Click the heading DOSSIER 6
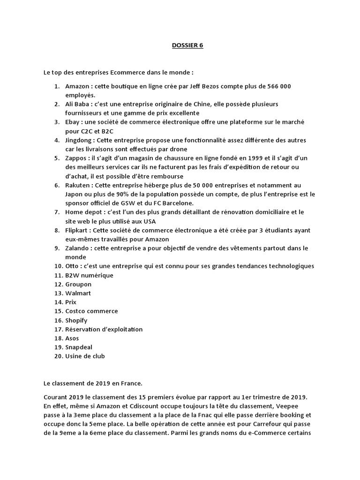tap(186, 45)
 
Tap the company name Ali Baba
tap(77, 104)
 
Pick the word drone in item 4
tap(179, 149)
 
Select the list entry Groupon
tap(78, 285)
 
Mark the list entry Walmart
tap(78, 293)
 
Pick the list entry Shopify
tap(76, 321)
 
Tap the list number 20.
tap(57, 356)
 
